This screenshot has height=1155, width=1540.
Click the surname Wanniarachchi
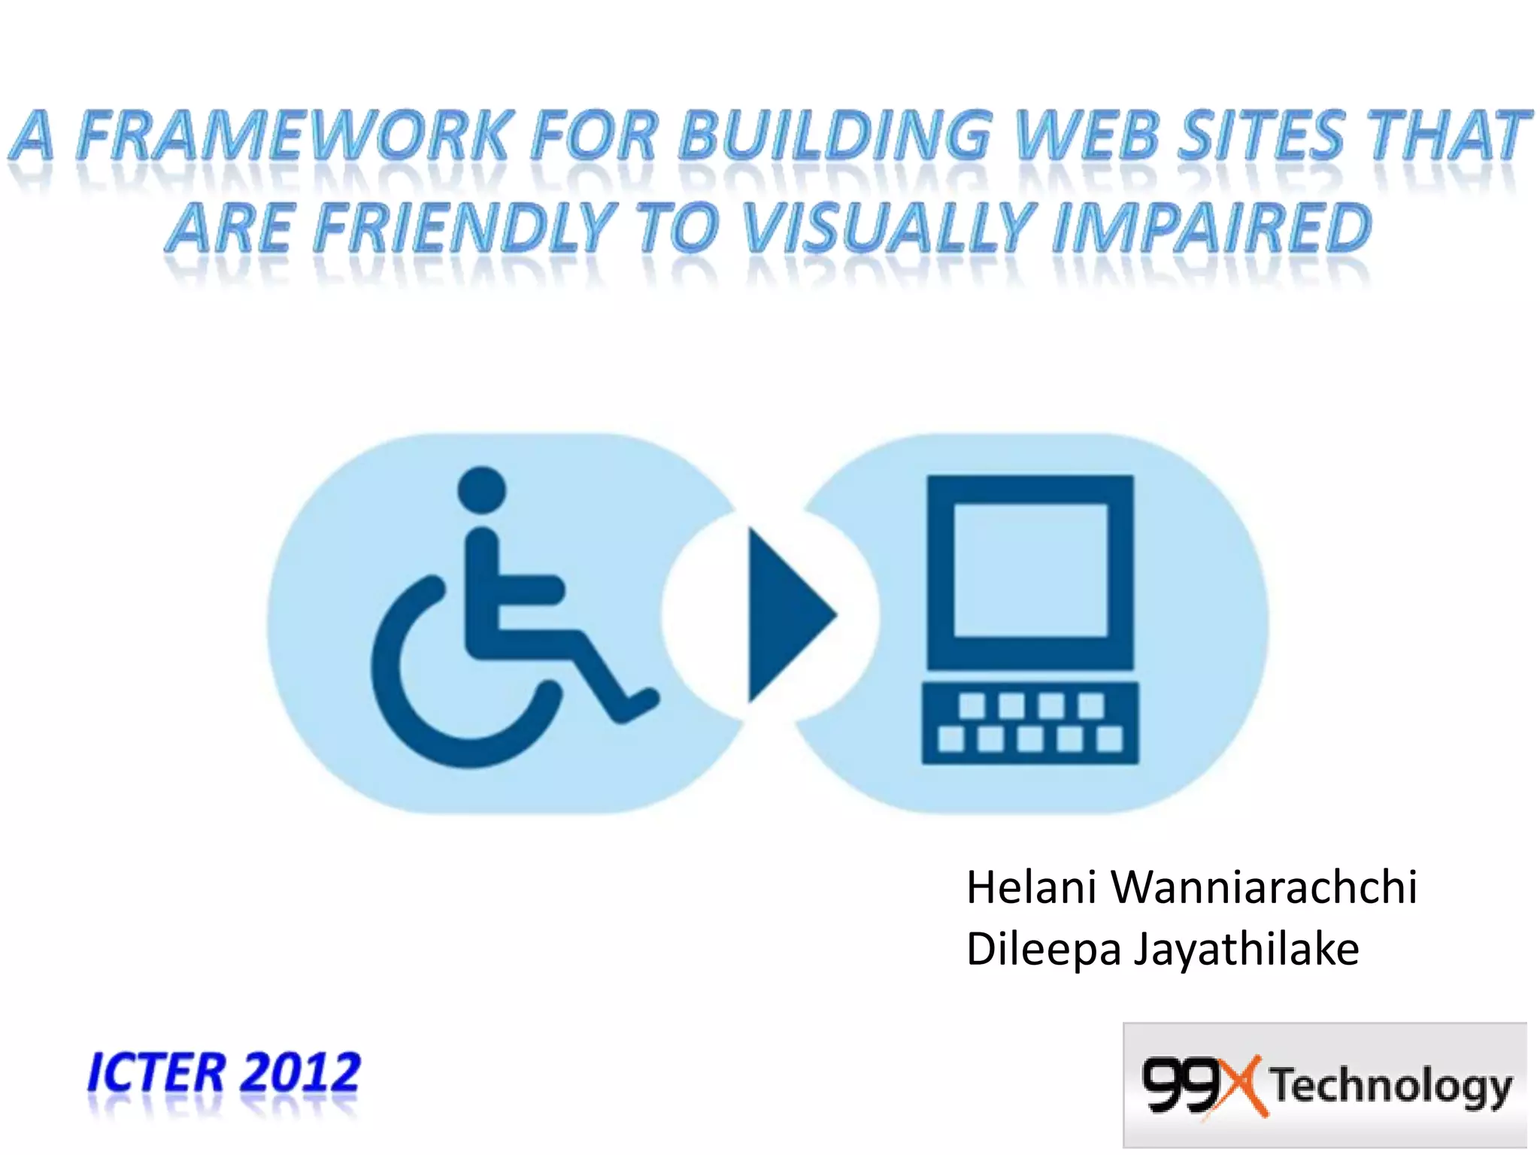tap(1264, 887)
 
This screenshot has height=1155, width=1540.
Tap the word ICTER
tap(156, 1072)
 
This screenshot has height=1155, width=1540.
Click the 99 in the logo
tap(1178, 1084)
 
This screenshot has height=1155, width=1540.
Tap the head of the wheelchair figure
tap(482, 490)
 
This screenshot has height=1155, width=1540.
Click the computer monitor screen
tap(1030, 570)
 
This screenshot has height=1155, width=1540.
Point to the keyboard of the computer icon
tap(1030, 723)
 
